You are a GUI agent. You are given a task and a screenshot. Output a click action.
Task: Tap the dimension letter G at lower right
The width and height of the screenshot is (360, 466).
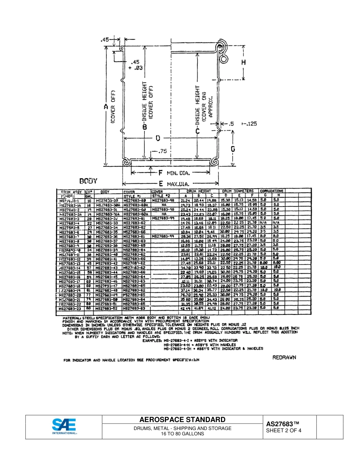233,149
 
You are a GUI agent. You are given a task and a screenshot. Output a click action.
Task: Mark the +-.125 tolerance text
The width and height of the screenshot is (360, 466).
249,124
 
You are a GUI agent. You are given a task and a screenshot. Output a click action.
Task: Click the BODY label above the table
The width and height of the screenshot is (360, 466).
88,181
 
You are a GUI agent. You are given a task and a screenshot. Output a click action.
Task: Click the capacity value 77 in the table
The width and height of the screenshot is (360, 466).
89,294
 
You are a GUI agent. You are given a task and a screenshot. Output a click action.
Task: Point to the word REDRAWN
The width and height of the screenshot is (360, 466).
284,357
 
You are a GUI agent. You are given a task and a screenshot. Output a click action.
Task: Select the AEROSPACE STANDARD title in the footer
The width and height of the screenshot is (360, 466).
182,420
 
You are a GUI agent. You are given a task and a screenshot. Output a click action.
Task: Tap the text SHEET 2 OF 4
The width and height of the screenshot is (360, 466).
284,430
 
